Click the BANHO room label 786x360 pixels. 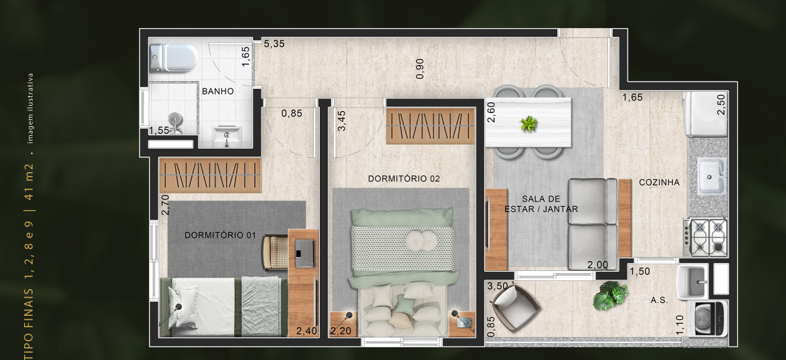pyautogui.click(x=217, y=92)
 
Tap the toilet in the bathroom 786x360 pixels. pyautogui.click(x=173, y=58)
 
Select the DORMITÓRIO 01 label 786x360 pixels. pyautogui.click(x=221, y=235)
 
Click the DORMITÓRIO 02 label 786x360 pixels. pyautogui.click(x=403, y=179)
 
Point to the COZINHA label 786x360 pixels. pyautogui.click(x=659, y=182)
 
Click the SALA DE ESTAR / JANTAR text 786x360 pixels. pyautogui.click(x=541, y=203)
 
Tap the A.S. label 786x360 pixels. pyautogui.click(x=659, y=300)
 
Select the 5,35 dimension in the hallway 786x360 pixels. pyautogui.click(x=274, y=44)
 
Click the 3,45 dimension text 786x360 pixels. pyautogui.click(x=342, y=120)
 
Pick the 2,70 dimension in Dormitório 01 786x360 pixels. pyautogui.click(x=164, y=204)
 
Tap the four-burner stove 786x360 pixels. pyautogui.click(x=708, y=238)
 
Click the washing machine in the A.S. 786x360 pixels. pyautogui.click(x=711, y=319)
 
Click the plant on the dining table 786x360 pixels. pyautogui.click(x=528, y=123)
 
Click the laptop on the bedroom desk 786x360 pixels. pyautogui.click(x=305, y=250)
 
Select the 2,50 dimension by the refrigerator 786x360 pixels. pyautogui.click(x=720, y=104)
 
